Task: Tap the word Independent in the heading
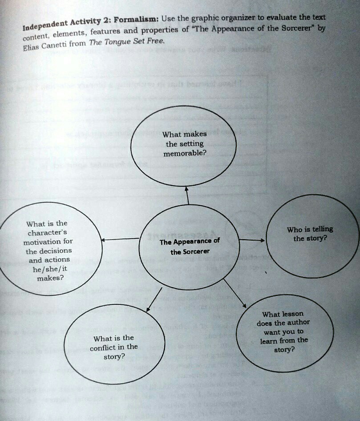45,25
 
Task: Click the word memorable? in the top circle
185,153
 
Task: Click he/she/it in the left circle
50,269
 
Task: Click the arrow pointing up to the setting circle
187,196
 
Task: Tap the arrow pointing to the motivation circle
120,239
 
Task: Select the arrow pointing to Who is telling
251,240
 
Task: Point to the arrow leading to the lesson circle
235,294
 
